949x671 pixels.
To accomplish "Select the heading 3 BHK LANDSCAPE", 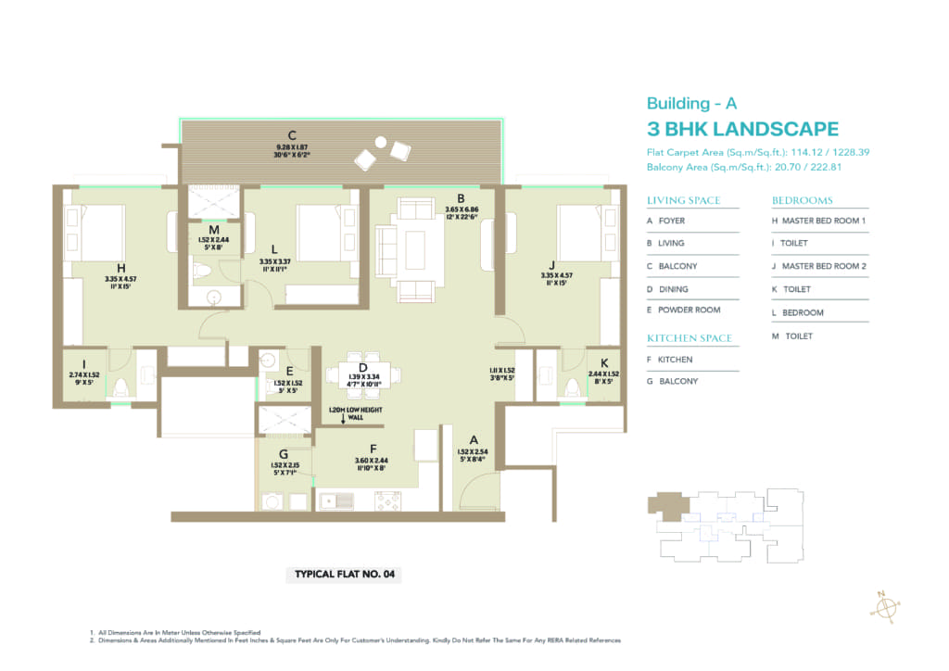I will tap(742, 130).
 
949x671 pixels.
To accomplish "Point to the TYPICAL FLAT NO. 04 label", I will tap(345, 575).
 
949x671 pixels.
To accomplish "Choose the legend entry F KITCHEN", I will tap(676, 360).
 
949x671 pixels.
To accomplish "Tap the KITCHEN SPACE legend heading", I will tap(690, 338).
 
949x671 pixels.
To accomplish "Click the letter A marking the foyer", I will tap(473, 440).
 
